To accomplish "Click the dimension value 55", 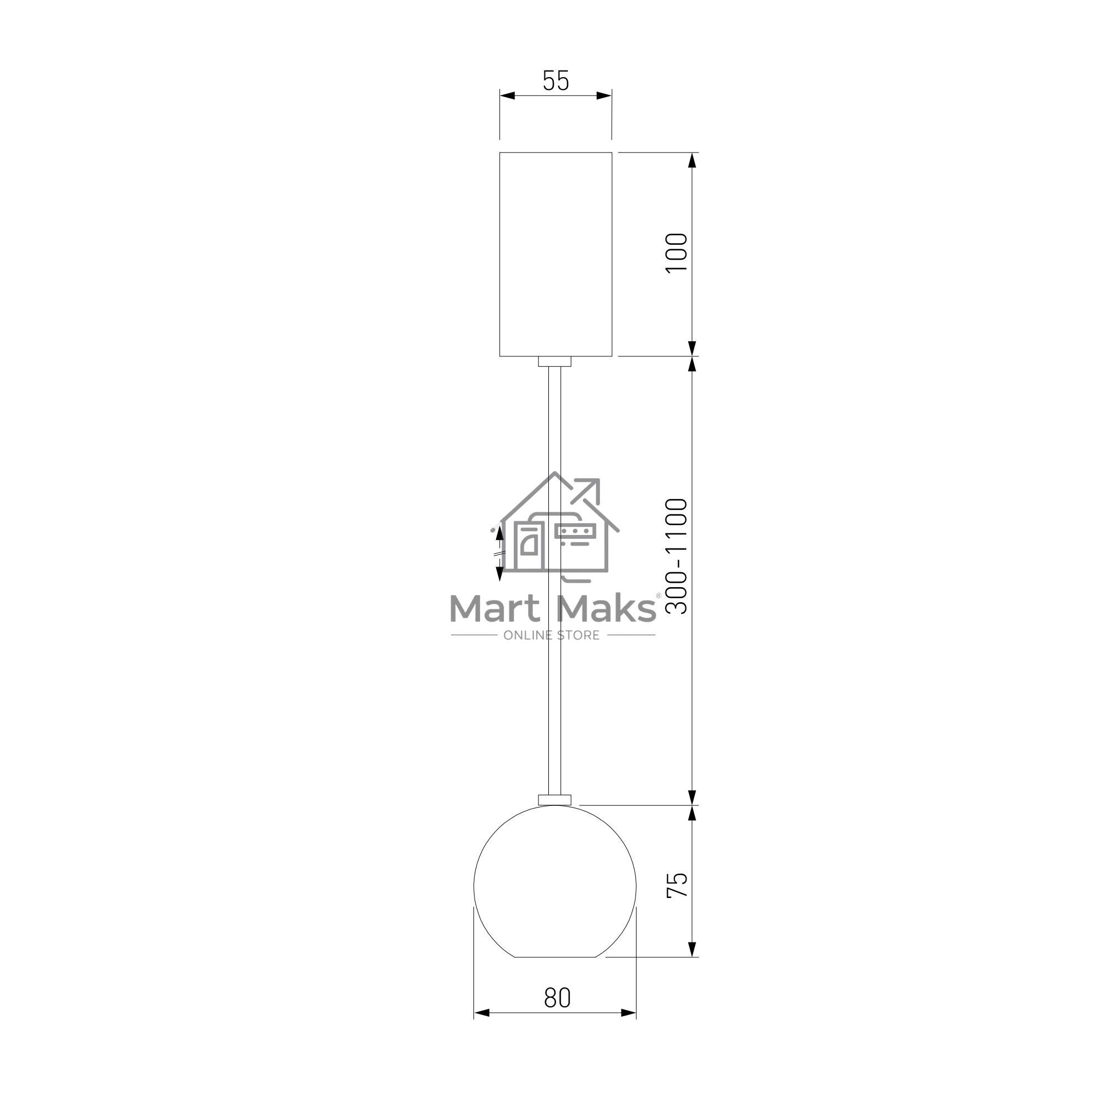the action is coord(556,81).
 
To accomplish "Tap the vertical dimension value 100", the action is coord(677,254).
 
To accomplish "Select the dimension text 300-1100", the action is coord(677,557).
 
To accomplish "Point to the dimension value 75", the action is coord(677,885).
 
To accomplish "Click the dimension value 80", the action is coord(557,998).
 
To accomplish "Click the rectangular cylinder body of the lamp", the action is coord(556,254).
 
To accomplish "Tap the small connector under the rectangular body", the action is coord(554,361).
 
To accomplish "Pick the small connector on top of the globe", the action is coord(554,800).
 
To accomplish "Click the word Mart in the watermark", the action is coord(495,608).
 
